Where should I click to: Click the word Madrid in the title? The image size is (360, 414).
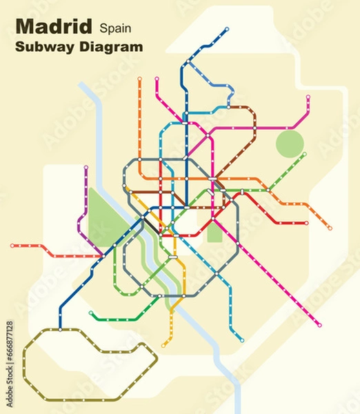[x=54, y=27]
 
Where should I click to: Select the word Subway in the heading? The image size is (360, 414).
[x=42, y=48]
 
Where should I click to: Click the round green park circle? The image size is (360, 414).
[x=290, y=144]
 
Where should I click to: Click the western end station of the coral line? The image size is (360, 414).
[x=12, y=245]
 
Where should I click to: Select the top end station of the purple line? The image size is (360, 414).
[x=86, y=168]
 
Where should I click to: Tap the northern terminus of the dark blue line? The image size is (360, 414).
[x=227, y=30]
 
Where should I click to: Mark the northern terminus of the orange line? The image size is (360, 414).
[x=139, y=79]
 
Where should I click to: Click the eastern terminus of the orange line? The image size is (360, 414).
[x=330, y=228]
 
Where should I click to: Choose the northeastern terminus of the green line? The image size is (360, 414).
[x=304, y=154]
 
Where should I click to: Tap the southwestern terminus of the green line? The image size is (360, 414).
[x=91, y=313]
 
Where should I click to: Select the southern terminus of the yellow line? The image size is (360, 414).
[x=164, y=345]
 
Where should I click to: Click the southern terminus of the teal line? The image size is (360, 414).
[x=242, y=340]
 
